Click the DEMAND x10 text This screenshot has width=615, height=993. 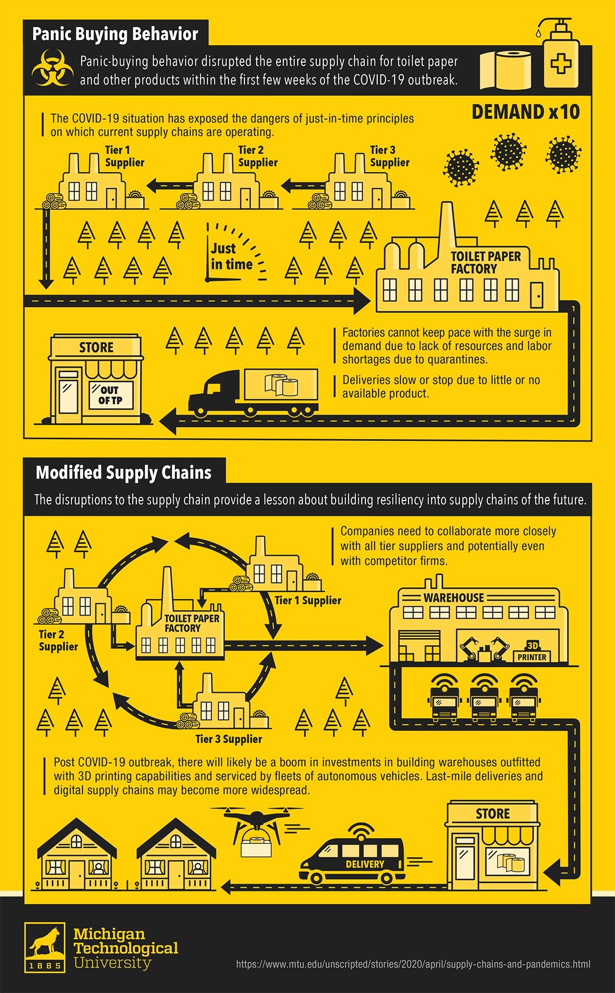click(525, 112)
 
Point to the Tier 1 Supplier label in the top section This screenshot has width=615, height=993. click(125, 156)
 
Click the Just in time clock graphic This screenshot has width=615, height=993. click(236, 252)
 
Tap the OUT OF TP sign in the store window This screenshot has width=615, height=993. click(111, 395)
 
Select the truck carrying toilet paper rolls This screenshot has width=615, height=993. click(253, 392)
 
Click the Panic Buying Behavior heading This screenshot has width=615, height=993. click(115, 34)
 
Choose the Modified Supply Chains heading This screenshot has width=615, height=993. click(124, 472)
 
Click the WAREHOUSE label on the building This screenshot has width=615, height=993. click(454, 598)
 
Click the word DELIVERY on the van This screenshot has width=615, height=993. click(365, 864)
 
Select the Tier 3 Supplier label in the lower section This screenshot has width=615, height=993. click(229, 739)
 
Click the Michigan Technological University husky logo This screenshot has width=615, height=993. click(45, 948)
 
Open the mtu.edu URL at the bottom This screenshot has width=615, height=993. click(413, 964)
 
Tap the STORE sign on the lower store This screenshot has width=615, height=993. click(493, 814)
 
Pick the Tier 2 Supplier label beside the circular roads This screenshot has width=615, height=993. click(58, 641)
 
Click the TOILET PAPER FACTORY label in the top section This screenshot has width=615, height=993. click(485, 263)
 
